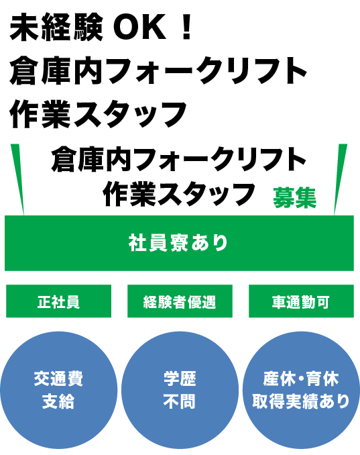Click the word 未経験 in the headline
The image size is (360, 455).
pyautogui.click(x=56, y=28)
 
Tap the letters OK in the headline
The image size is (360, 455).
pyautogui.click(x=140, y=28)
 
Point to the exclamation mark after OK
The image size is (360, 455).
pyautogui.click(x=187, y=28)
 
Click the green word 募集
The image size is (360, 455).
pyautogui.click(x=294, y=198)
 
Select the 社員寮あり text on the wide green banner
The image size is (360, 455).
pyautogui.click(x=178, y=242)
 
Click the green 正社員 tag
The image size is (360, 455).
pyautogui.click(x=58, y=301)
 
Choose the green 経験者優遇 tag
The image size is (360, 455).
pyautogui.click(x=180, y=301)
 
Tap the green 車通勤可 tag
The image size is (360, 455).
pyautogui.click(x=301, y=301)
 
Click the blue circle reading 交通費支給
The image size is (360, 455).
pyautogui.click(x=59, y=391)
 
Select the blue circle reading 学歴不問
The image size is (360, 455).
pyautogui.click(x=180, y=391)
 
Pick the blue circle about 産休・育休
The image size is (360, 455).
pyautogui.click(x=301, y=391)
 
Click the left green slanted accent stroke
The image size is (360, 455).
pyautogui.click(x=17, y=179)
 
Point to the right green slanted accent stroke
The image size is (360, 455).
pyautogui.click(x=341, y=179)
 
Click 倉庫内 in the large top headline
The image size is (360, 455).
pyautogui.click(x=56, y=70)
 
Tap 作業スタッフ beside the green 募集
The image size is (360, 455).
pyautogui.click(x=179, y=194)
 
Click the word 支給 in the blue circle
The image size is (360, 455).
pyautogui.click(x=58, y=401)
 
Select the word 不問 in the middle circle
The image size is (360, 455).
pyautogui.click(x=180, y=401)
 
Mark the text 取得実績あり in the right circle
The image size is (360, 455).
pyautogui.click(x=301, y=401)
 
